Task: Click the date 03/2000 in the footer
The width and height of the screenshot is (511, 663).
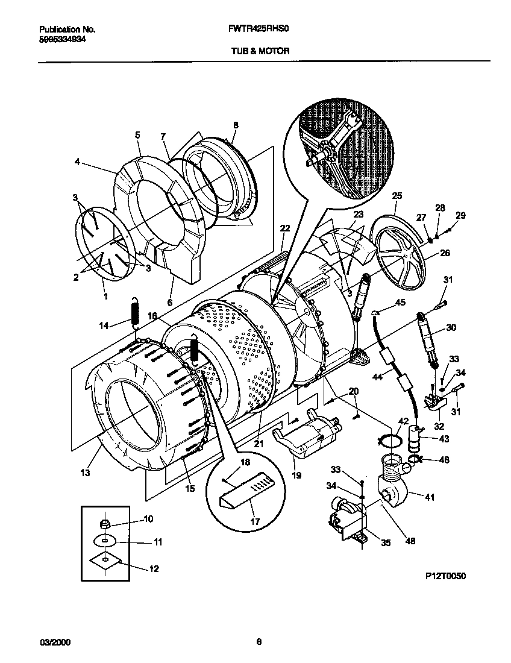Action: (55, 643)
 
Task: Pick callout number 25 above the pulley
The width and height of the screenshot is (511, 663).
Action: (397, 195)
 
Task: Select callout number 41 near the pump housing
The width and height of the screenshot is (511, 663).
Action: (430, 497)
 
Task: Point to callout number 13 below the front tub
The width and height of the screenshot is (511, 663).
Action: (86, 473)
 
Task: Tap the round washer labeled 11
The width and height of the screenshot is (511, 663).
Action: (105, 542)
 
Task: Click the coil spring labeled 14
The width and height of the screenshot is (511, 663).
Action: (136, 312)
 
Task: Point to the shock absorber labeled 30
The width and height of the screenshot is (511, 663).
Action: (426, 342)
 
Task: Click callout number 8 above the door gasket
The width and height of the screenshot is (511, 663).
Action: (236, 125)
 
